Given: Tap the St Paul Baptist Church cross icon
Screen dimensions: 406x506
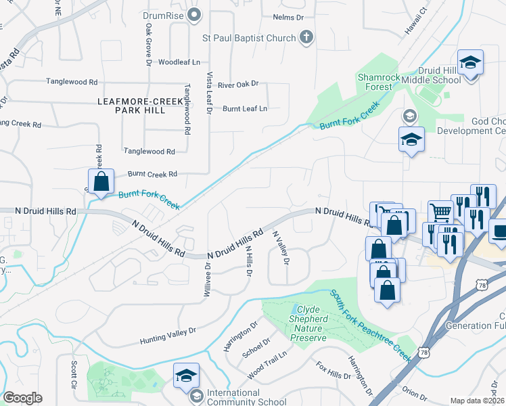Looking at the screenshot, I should [306, 37].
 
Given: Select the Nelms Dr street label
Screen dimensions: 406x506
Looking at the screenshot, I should [290, 16].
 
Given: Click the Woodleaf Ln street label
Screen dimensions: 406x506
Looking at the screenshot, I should [179, 62].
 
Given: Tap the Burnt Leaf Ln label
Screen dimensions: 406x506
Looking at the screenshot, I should [245, 108].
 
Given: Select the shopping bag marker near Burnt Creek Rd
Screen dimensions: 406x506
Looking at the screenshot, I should [101, 181].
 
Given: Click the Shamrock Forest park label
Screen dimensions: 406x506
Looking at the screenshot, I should [375, 82].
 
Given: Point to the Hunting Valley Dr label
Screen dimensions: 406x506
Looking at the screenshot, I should [168, 335].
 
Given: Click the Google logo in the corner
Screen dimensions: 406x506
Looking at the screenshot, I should [22, 398].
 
